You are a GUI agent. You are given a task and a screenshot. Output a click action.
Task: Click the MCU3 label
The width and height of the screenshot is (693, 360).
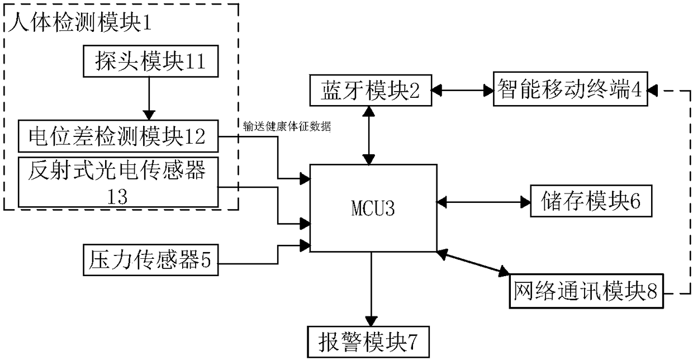click(x=373, y=208)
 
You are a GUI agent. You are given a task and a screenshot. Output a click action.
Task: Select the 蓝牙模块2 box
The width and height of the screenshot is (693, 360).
click(x=371, y=91)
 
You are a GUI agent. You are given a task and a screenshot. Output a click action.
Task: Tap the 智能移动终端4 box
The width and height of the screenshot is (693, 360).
click(x=570, y=89)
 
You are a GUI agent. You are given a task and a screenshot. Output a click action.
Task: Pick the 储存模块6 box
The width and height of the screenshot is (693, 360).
click(x=591, y=201)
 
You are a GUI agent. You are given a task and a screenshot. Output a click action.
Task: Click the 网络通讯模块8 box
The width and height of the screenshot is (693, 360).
click(x=586, y=291)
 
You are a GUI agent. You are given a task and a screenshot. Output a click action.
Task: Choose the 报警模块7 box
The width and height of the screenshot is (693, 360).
click(x=368, y=342)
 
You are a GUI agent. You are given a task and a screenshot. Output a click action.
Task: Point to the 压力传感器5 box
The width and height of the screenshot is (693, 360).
click(x=151, y=260)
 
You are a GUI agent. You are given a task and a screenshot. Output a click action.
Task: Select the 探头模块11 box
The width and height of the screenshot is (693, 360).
click(x=151, y=61)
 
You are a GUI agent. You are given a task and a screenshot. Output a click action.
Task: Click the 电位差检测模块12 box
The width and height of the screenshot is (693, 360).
click(x=118, y=136)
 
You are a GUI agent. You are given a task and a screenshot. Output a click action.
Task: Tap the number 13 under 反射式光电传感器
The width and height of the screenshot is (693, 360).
click(x=117, y=197)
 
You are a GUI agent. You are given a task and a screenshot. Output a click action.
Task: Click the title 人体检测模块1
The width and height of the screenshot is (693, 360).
click(x=80, y=22)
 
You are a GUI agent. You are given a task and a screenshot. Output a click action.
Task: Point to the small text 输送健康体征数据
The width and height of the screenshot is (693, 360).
click(x=287, y=126)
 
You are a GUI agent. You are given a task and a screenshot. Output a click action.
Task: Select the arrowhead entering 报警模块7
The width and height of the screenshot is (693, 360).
click(x=371, y=321)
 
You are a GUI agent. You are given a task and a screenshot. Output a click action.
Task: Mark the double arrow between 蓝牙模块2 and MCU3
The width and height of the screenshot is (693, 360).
click(x=369, y=135)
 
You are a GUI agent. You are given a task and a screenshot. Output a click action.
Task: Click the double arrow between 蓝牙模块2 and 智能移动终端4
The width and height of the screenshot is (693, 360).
click(x=463, y=91)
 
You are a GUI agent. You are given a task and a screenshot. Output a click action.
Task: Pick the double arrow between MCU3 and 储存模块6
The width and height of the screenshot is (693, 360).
click(x=483, y=202)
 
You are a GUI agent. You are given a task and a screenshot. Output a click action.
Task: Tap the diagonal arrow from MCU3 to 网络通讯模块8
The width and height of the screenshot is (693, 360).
click(x=473, y=263)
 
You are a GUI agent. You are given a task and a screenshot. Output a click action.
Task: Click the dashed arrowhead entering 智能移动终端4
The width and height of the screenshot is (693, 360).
click(x=652, y=91)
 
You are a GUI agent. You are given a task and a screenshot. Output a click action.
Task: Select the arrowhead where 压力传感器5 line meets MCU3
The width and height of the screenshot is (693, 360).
click(x=305, y=246)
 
